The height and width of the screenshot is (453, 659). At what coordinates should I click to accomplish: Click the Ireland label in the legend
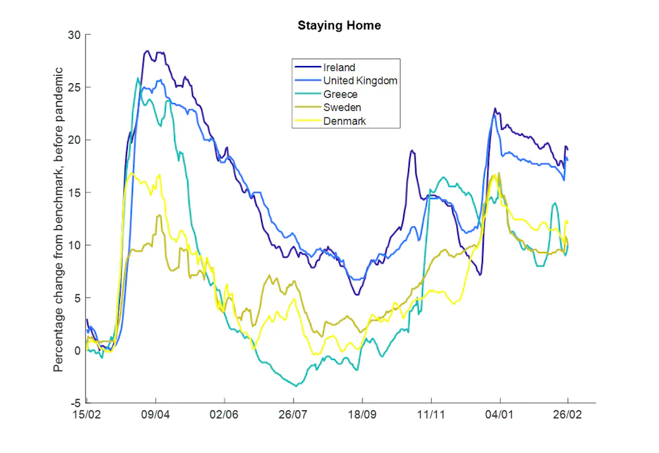339,67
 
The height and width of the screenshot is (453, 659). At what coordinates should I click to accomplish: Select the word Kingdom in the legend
376,80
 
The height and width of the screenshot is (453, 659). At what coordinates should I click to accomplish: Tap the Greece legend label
340,94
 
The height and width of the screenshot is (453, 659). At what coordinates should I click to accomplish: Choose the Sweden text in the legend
342,107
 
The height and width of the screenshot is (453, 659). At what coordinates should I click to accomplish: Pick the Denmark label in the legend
344,121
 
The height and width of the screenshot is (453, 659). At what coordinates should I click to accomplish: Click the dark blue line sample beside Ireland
307,67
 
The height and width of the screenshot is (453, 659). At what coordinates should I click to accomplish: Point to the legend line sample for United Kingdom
307,80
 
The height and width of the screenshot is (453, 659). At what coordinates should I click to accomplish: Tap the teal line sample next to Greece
307,94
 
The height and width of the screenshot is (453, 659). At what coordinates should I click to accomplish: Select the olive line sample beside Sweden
307,107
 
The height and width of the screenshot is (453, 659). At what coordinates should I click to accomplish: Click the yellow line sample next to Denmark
307,121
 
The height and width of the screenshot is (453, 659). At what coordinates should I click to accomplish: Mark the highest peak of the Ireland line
148,51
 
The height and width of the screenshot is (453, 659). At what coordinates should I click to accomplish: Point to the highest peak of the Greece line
138,78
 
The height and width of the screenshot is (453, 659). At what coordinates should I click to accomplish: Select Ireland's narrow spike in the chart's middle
412,151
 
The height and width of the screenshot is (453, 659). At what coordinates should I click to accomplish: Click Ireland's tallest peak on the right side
494,109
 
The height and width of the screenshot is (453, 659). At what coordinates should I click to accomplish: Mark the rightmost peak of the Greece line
555,204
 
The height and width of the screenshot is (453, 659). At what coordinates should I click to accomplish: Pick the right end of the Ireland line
567,148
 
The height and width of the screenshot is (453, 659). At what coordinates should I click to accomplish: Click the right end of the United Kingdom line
567,160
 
